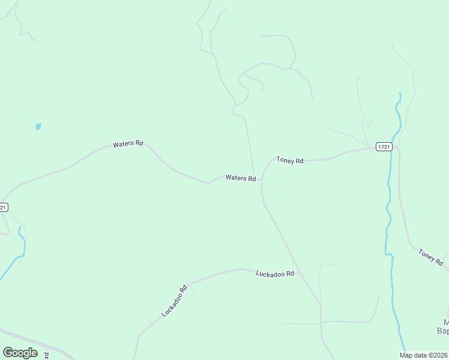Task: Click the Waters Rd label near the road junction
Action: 241,178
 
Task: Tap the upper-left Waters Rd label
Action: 128,144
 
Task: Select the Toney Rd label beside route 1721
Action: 290,161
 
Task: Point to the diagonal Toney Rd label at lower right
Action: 430,257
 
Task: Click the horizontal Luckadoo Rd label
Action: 275,274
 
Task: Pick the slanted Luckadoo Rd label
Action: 175,301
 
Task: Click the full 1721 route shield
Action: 384,146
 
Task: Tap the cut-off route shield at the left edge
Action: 3,208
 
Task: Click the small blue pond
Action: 38,127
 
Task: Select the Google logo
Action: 20,353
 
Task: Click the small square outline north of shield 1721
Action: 370,124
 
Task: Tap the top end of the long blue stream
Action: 399,94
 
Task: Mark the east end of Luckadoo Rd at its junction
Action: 300,272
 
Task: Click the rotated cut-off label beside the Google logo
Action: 46,355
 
